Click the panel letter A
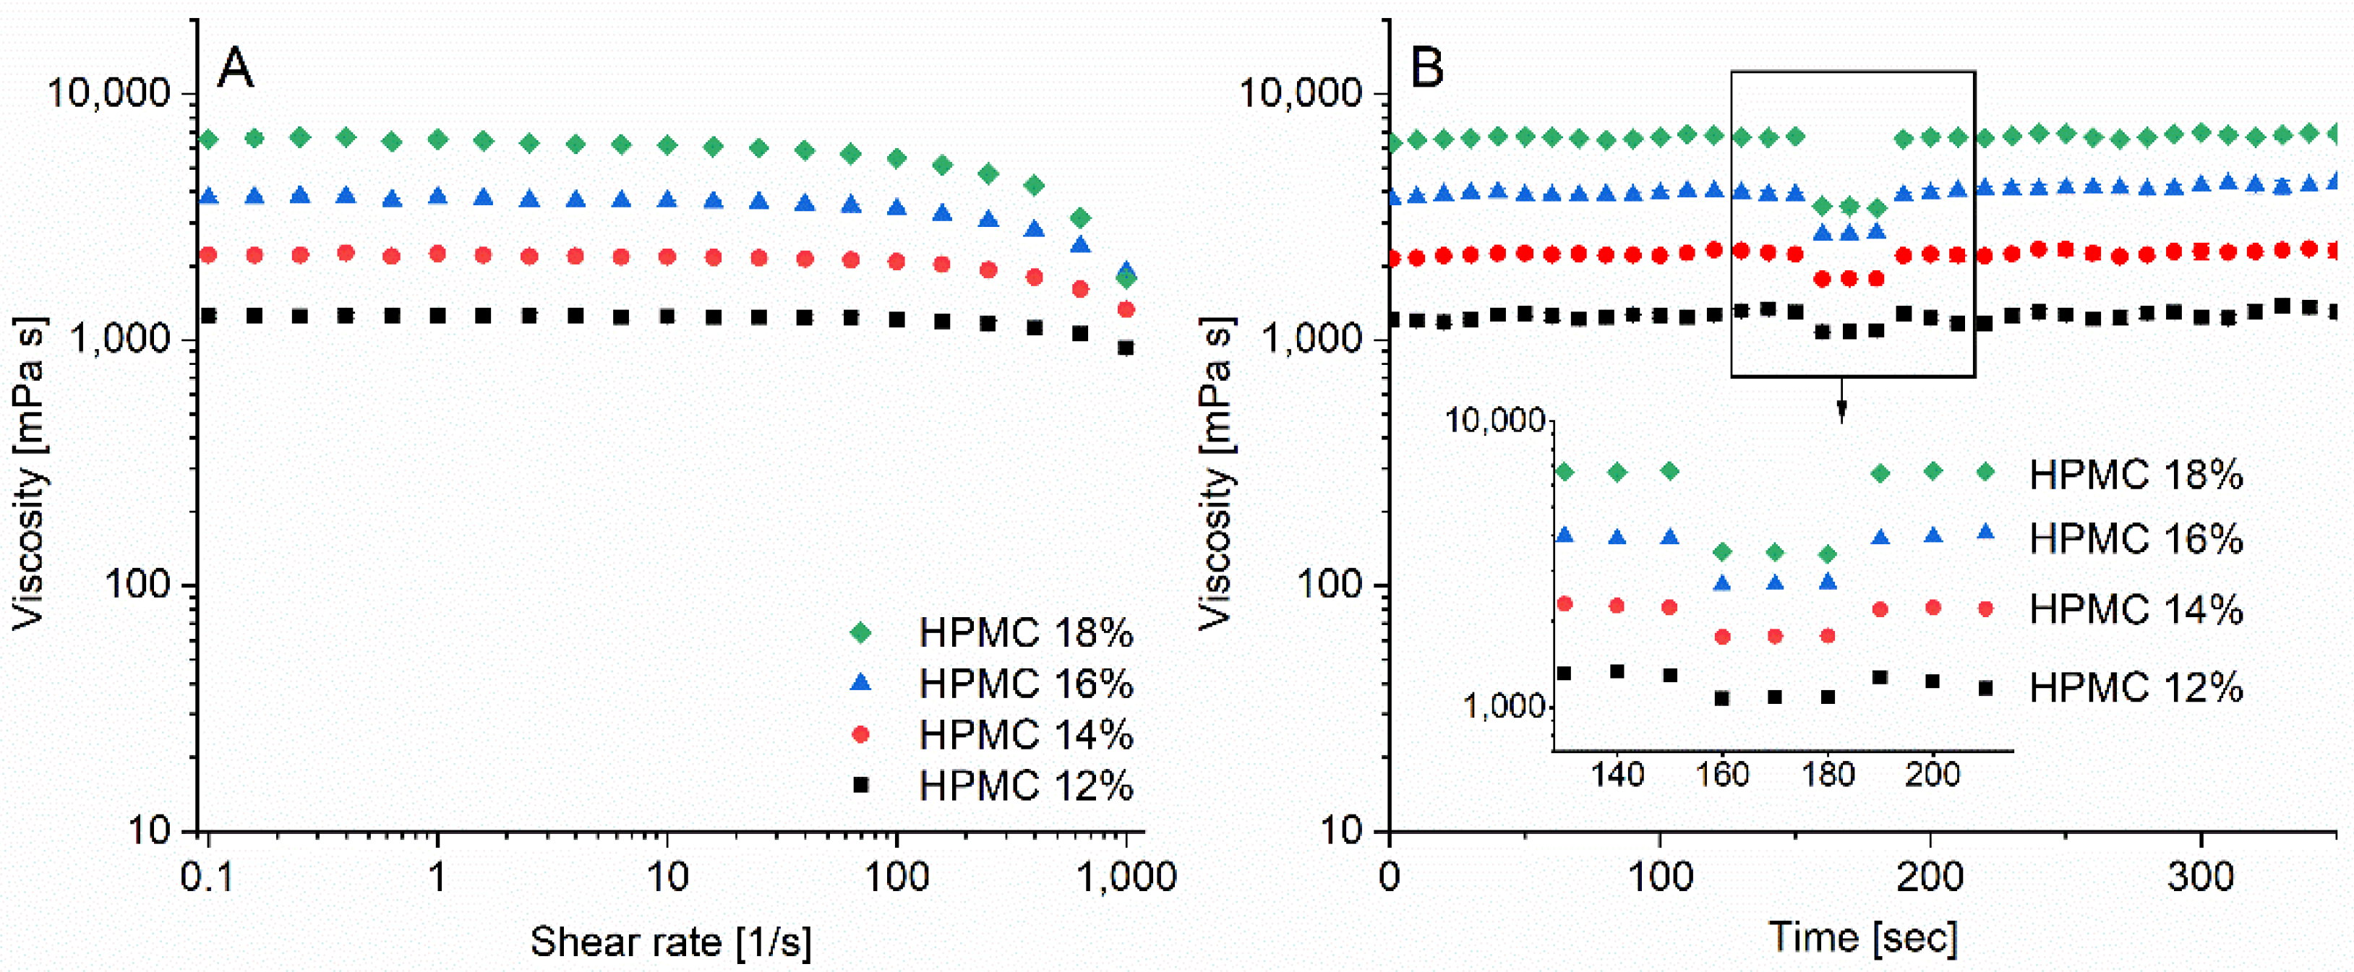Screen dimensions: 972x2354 (236, 69)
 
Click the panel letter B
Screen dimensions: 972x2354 (1426, 69)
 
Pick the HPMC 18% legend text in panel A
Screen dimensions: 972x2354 (1026, 632)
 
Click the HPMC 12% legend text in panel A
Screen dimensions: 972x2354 (1026, 785)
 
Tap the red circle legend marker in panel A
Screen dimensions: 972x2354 (860, 734)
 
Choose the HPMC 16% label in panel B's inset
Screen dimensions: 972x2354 (2136, 539)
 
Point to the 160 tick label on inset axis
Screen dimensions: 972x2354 (1723, 775)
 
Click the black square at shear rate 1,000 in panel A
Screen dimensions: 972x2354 (1126, 348)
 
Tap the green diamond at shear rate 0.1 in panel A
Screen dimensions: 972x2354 (209, 139)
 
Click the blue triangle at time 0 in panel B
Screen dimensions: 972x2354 (1392, 196)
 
